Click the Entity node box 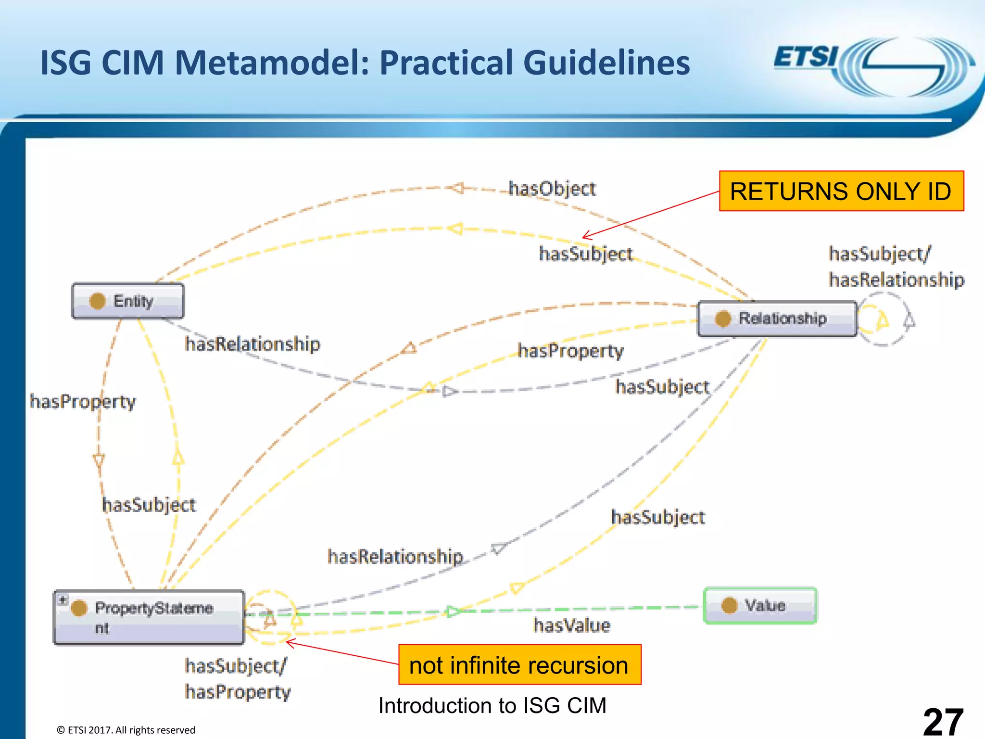(128, 301)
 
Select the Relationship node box (777, 319)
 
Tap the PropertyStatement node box (149, 617)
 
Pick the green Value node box (760, 606)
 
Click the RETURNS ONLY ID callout (841, 191)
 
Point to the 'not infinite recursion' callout (519, 665)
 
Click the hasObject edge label (552, 189)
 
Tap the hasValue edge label (572, 625)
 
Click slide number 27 (943, 721)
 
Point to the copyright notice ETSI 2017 (126, 730)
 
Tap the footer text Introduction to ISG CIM (492, 706)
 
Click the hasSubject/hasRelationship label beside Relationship (896, 267)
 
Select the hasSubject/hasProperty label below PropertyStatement (238, 679)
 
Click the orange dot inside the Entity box (98, 301)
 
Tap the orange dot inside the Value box (729, 605)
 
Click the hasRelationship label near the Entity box (253, 344)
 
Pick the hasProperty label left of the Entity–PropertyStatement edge (83, 401)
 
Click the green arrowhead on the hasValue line (453, 612)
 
